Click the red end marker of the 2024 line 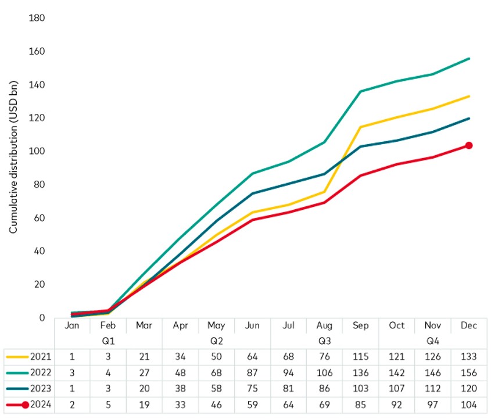click(x=468, y=145)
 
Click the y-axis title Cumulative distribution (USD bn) click(x=13, y=169)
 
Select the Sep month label click(x=360, y=325)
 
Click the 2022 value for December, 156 click(x=468, y=373)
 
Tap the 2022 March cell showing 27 click(x=144, y=373)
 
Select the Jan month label click(x=72, y=325)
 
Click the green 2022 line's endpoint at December click(x=469, y=59)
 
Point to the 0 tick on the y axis click(x=42, y=318)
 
